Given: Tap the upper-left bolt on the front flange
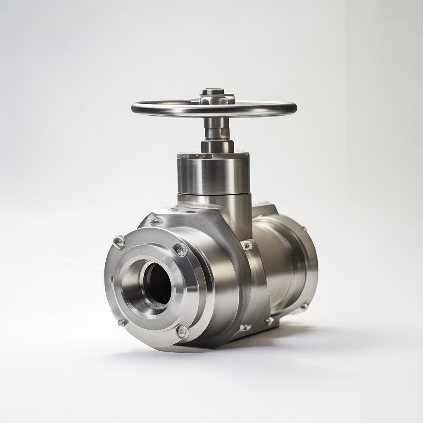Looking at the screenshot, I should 119,241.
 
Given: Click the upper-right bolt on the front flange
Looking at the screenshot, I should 180,249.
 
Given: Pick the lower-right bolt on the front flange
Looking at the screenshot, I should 182,331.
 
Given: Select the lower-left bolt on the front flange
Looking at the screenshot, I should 122,323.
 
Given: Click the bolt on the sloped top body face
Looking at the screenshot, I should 157,221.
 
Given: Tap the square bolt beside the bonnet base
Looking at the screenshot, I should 247,245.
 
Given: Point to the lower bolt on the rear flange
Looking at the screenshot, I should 304,307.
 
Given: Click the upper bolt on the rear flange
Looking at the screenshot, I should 304,228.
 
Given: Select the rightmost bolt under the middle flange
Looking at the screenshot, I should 269,321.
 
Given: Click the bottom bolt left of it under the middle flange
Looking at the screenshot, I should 245,327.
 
